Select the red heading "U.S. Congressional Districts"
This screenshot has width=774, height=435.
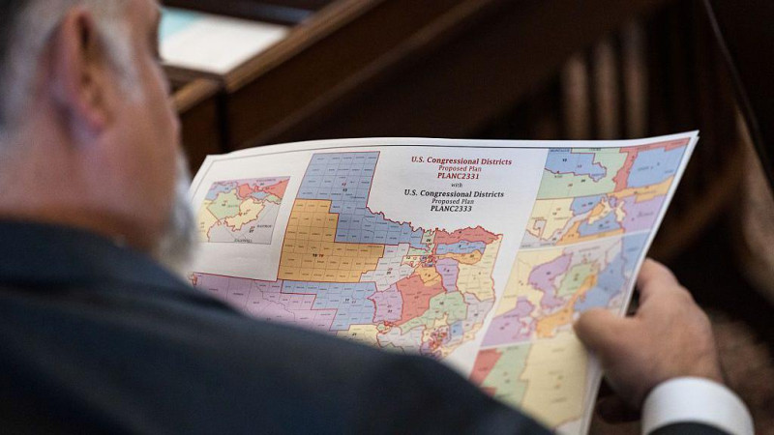pyautogui.click(x=461, y=160)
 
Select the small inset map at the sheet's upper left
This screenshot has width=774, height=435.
pyautogui.click(x=244, y=208)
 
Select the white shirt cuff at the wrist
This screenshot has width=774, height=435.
pyautogui.click(x=697, y=406)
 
